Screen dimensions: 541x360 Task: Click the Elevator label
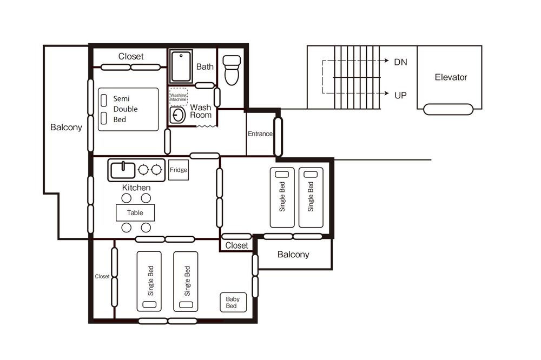[x=451, y=77]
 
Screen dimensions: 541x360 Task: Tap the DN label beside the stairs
[x=400, y=62]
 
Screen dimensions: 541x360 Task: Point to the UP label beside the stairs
[x=400, y=95]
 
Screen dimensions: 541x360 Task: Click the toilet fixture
[x=232, y=70]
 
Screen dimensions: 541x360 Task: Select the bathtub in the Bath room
[x=181, y=66]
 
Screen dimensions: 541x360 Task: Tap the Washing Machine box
[x=179, y=97]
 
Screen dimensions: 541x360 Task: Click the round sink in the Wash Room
[x=178, y=115]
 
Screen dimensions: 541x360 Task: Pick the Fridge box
[x=179, y=170]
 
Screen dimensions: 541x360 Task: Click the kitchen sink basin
[x=123, y=170]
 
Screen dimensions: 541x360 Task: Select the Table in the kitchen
[x=135, y=213]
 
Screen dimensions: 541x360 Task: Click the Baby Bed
[x=233, y=302]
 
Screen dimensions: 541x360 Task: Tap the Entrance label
[x=260, y=134]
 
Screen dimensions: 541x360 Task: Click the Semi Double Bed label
[x=126, y=109]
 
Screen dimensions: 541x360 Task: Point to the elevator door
[x=448, y=109]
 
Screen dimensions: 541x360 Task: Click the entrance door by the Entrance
[x=278, y=137]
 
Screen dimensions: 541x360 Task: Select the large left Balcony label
[x=66, y=127]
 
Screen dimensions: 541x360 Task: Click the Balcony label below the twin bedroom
[x=293, y=255]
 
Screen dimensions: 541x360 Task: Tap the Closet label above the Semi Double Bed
[x=131, y=56]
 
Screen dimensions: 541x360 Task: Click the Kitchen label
[x=136, y=188]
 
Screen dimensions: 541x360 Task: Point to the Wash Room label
[x=201, y=111]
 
